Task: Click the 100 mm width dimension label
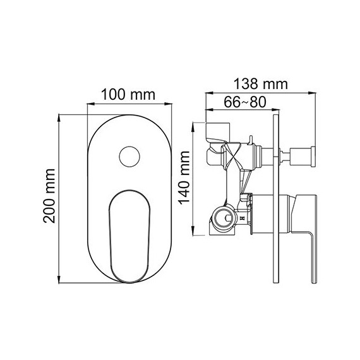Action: pyautogui.click(x=129, y=95)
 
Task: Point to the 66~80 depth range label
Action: pyautogui.click(x=240, y=102)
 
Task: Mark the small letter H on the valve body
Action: pyautogui.click(x=242, y=218)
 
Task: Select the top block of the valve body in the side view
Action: pyautogui.click(x=217, y=131)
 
